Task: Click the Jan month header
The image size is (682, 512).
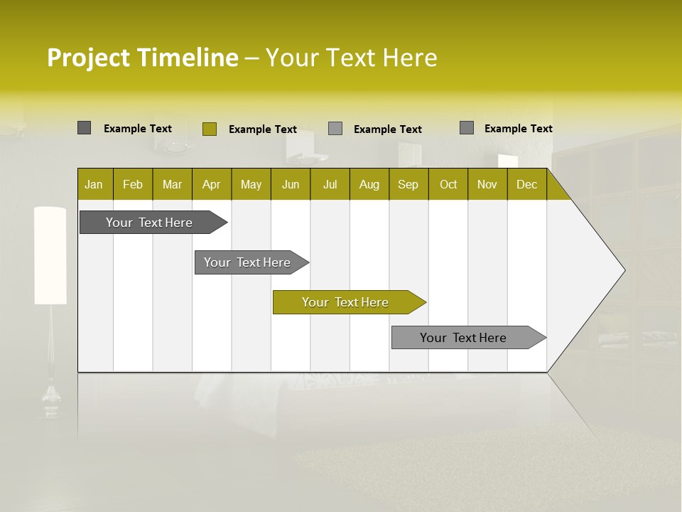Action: [94, 184]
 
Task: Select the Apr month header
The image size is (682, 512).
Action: [212, 184]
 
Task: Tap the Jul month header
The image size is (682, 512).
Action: [330, 184]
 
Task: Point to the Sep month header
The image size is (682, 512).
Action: [408, 184]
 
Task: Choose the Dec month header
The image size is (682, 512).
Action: [527, 184]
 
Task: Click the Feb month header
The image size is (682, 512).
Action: [133, 184]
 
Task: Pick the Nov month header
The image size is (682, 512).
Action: [487, 184]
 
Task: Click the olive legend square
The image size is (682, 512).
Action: [209, 129]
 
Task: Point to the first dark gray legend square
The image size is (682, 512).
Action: [84, 128]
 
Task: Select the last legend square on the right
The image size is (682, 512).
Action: [467, 128]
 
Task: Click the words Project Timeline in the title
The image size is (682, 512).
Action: [142, 58]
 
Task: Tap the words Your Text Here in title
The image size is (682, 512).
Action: [351, 58]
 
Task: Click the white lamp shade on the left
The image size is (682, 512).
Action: [50, 255]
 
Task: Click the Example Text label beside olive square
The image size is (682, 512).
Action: [263, 129]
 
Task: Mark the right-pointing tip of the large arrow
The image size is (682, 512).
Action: [624, 270]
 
